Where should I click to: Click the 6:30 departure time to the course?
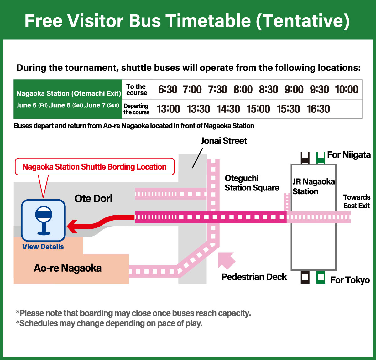point(168,90)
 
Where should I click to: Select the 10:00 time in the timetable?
point(347,90)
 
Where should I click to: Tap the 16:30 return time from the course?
point(318,109)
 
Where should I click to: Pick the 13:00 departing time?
point(168,109)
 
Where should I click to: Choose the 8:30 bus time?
point(268,90)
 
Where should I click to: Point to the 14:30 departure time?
point(228,109)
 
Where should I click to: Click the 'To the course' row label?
point(136,90)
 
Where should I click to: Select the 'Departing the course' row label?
point(136,109)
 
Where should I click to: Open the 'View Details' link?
point(43,247)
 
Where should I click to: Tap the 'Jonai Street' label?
point(224,141)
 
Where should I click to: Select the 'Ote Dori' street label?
point(93,199)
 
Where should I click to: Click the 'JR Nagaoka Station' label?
point(313,186)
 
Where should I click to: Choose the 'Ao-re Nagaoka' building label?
point(68,268)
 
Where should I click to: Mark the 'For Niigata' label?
point(349,155)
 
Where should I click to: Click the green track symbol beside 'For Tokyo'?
point(321,278)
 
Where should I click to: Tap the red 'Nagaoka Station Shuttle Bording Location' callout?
point(94,167)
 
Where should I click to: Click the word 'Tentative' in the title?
point(302,21)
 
